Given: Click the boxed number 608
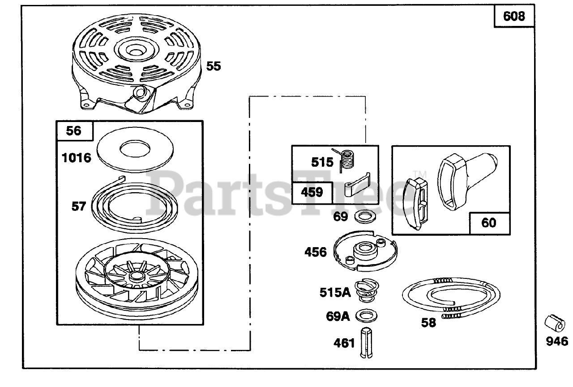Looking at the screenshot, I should pos(514,16).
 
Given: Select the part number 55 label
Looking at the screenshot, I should pos(214,66).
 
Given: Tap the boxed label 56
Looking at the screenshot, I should pos(74,130).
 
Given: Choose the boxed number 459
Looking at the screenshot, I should pos(312,193).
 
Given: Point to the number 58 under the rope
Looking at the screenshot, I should pos(428,322).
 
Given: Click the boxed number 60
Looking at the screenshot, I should pos(489,222).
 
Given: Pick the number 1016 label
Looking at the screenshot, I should pos(77,157).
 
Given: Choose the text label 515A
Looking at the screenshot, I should pos(334,292).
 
